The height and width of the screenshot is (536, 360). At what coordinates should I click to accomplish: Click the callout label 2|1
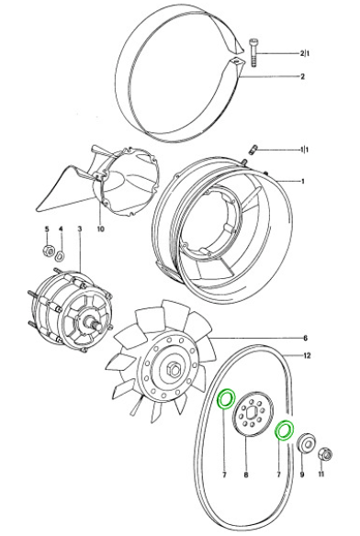(305, 53)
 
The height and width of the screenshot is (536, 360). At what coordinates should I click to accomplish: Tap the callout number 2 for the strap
(302, 76)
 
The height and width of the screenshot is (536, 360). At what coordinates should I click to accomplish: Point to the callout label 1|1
(304, 150)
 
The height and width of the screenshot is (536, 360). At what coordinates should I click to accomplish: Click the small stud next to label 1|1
(253, 149)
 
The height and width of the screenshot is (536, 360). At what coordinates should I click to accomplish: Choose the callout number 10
(101, 229)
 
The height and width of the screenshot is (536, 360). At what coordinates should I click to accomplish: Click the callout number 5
(47, 229)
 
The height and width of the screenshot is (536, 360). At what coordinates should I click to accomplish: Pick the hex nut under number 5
(49, 251)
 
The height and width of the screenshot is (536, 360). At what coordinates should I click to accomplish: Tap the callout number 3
(79, 229)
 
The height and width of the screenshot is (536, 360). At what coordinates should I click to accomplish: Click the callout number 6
(305, 338)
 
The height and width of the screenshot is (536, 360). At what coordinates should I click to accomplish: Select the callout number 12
(307, 355)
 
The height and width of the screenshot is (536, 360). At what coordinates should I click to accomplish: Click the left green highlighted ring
(227, 399)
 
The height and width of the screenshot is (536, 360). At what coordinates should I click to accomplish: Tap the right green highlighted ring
(285, 430)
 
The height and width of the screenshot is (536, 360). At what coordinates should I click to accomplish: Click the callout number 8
(246, 475)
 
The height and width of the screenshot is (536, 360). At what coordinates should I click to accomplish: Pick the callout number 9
(302, 475)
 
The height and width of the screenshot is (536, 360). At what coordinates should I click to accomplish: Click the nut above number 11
(325, 454)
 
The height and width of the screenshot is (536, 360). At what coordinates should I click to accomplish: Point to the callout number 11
(321, 475)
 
